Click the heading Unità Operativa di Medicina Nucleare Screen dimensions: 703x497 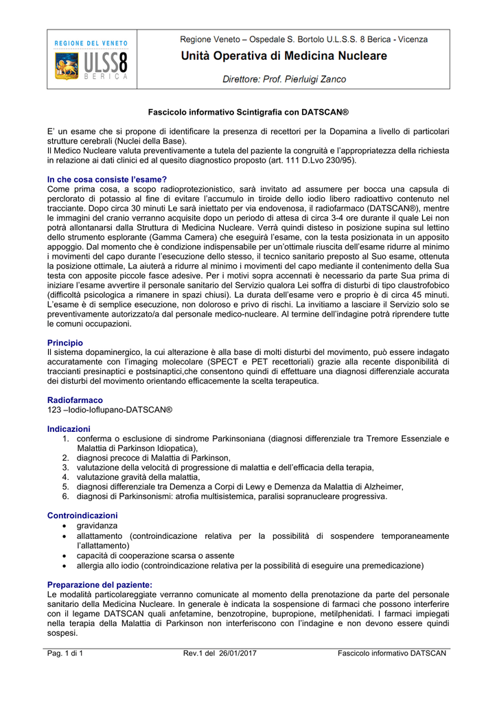coord(284,56)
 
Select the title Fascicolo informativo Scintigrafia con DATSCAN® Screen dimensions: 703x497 coord(249,111)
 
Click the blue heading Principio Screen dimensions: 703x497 coord(65,342)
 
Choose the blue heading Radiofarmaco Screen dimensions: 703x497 coord(75,400)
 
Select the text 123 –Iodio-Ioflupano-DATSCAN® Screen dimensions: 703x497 coord(110,409)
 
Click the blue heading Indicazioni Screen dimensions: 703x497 coord(69,428)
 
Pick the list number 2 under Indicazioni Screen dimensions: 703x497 coord(65,457)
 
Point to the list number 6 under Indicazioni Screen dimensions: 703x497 coord(65,496)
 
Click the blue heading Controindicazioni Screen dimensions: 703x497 coord(82,515)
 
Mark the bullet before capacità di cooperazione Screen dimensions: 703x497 coord(65,555)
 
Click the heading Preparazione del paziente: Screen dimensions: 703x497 coord(100,584)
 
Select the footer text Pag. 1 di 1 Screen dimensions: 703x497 coord(65,653)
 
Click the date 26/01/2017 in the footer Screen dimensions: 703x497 coord(236,653)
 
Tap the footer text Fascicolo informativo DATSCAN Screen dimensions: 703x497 coord(392,653)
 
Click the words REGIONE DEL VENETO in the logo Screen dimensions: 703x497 coord(91,43)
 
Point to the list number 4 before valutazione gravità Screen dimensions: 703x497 coord(65,476)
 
